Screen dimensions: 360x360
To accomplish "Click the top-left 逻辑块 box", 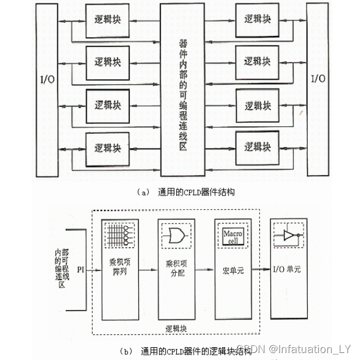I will click(x=107, y=19).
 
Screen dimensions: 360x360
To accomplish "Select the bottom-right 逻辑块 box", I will click(x=257, y=147).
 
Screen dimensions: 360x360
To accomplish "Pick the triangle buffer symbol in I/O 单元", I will click(x=288, y=235).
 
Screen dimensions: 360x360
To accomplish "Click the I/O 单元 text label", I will click(x=288, y=270).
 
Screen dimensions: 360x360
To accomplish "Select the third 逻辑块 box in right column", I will click(x=257, y=106).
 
